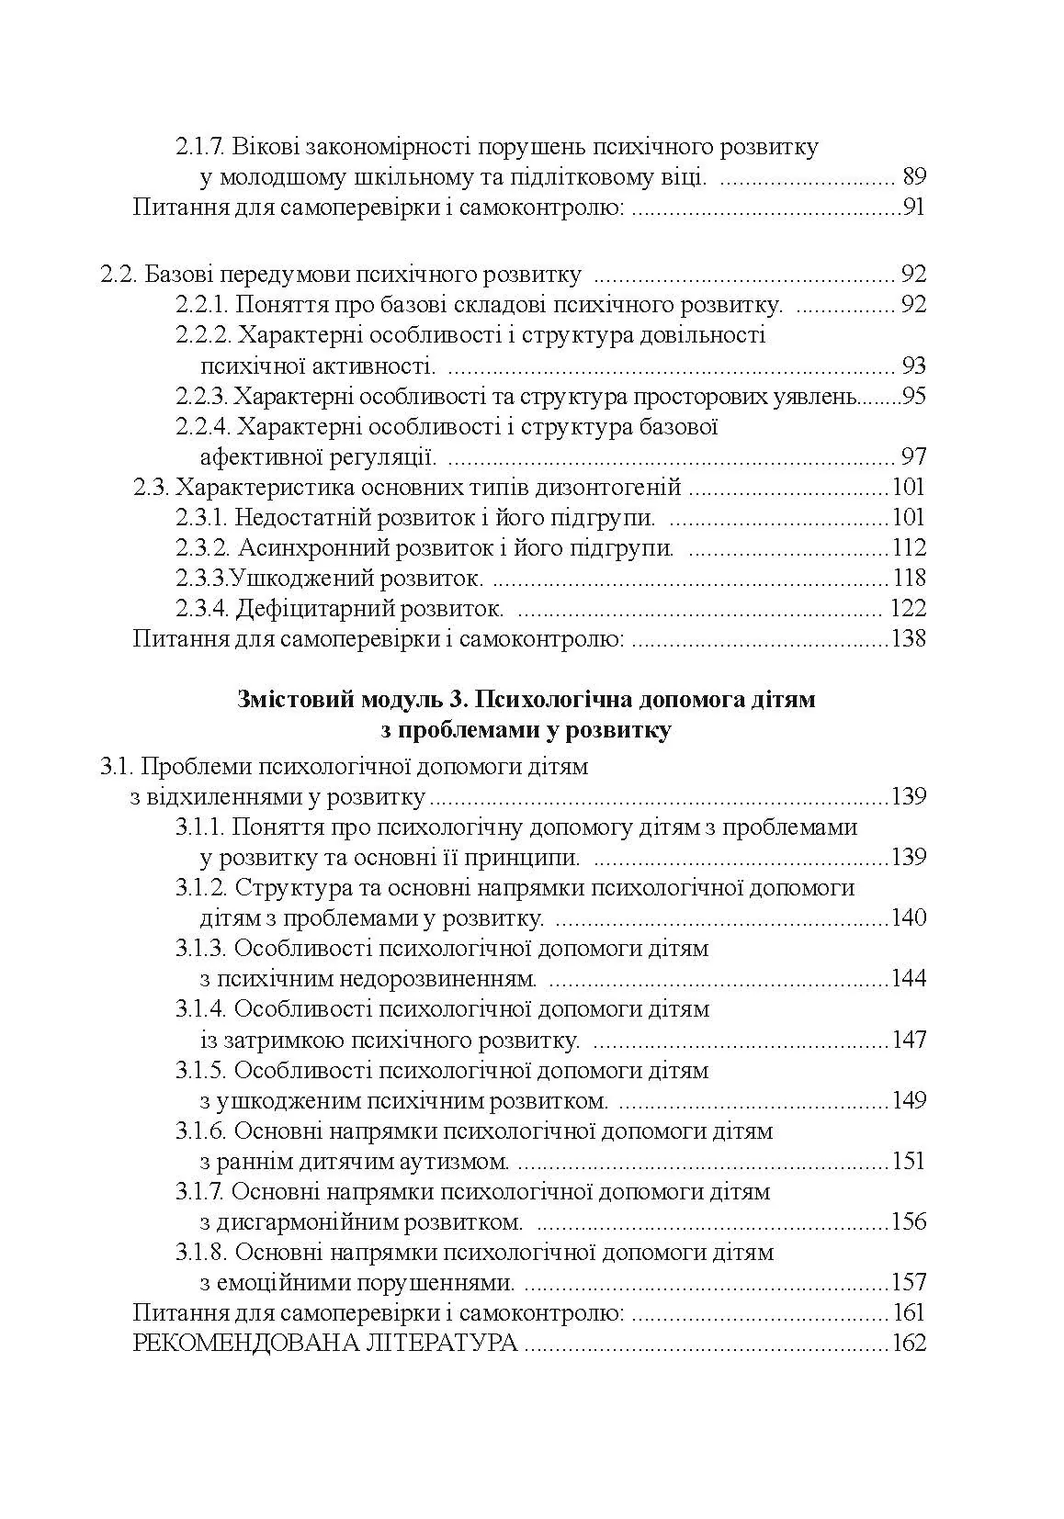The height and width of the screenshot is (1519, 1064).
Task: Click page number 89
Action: tap(914, 177)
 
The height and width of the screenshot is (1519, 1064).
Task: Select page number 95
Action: tap(913, 397)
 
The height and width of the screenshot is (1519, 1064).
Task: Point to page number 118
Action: tap(910, 579)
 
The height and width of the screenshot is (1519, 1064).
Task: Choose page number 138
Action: tap(909, 639)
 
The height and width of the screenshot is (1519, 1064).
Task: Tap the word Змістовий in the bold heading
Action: tap(288, 701)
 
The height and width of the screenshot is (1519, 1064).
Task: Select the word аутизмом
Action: tap(456, 1162)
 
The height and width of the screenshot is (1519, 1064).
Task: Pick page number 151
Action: tap(909, 1162)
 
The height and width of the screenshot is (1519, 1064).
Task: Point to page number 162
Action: tap(909, 1345)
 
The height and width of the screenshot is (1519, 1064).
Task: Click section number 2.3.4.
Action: tap(200, 609)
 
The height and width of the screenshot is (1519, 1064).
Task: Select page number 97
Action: tap(914, 457)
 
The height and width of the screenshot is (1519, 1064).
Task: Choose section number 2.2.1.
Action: tap(200, 305)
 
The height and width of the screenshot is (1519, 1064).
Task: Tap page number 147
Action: tap(909, 1041)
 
